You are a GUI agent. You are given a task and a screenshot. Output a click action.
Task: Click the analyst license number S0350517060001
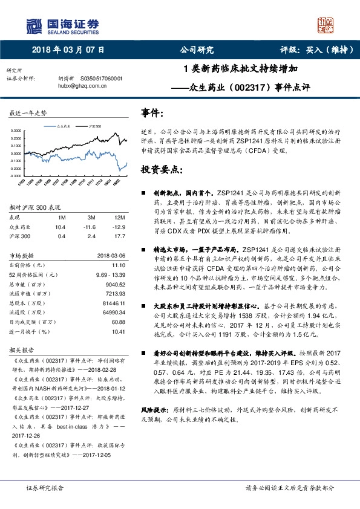pyautogui.click(x=101, y=79)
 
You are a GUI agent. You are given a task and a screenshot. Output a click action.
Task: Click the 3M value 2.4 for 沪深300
pyautogui.click(x=92, y=235)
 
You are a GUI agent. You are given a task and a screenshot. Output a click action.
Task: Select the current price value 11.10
pyautogui.click(x=119, y=265)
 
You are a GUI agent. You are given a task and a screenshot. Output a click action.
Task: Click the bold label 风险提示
pyautogui.click(x=155, y=409)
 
